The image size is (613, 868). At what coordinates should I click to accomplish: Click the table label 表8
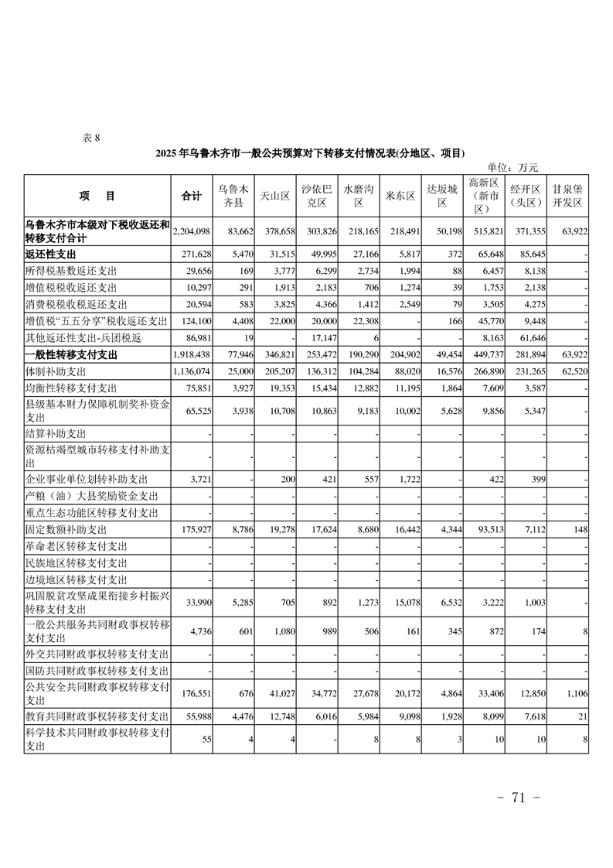91,138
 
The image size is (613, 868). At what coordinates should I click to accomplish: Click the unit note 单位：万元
512,167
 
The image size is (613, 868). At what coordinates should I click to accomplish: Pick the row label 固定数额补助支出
66,530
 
